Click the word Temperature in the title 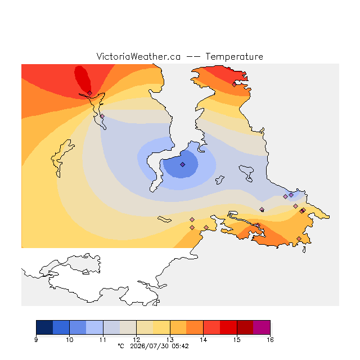234,57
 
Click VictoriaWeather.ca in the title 138,57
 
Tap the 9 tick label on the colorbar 36,340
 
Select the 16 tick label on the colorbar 270,340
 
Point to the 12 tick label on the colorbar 136,340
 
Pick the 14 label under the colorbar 203,340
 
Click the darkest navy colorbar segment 44,327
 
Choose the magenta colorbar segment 262,327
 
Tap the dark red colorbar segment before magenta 245,327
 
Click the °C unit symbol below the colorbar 121,346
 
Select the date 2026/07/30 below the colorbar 149,346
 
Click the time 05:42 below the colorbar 180,346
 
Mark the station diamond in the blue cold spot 182,164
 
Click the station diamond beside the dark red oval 90,93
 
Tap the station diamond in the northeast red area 234,85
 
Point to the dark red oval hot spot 83,79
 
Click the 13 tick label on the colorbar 170,340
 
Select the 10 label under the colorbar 70,340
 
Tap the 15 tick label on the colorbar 237,340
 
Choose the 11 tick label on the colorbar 103,340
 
